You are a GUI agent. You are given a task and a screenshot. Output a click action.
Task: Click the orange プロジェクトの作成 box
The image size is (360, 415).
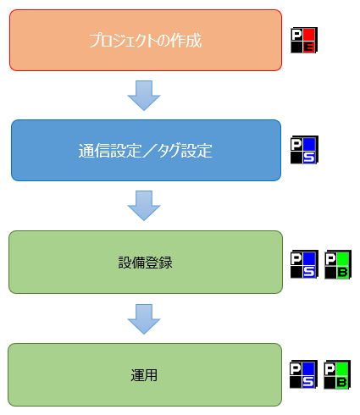(145, 40)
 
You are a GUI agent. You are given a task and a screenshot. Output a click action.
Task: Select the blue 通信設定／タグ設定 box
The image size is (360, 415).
(145, 151)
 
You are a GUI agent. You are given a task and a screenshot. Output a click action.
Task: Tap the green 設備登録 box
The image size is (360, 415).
(145, 262)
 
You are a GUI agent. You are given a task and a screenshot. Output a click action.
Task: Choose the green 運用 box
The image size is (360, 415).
(145, 373)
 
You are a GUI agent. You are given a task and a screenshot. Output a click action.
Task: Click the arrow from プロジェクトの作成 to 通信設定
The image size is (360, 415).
(145, 95)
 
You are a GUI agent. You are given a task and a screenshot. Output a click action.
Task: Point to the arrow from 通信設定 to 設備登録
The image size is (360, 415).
(145, 206)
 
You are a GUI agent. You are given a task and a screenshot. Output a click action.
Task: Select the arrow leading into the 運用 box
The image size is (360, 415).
(145, 318)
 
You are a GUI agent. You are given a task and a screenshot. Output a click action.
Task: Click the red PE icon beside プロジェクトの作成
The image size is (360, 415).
(303, 40)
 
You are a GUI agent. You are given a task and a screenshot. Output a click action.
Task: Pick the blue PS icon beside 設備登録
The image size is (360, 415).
(303, 263)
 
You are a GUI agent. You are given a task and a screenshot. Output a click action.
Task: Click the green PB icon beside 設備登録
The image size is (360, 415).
(338, 263)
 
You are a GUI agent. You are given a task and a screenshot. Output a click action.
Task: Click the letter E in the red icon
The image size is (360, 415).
(309, 47)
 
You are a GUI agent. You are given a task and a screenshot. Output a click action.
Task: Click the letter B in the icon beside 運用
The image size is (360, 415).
(343, 382)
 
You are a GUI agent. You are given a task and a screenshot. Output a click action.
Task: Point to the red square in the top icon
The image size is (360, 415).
(309, 34)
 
